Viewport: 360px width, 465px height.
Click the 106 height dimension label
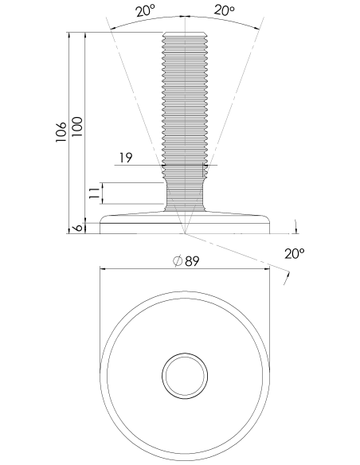[x=61, y=131]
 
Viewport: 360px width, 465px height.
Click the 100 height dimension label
[x=76, y=127]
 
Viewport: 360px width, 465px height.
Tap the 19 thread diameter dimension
[x=126, y=158]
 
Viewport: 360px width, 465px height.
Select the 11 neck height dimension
[x=94, y=193]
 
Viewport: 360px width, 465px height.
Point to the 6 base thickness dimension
[x=77, y=228]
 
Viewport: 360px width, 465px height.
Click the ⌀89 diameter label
[x=186, y=261]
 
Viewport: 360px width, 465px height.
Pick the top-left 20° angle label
[x=146, y=11]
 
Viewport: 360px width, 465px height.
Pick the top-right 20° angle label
[x=224, y=10]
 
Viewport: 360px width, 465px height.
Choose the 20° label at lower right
[x=295, y=253]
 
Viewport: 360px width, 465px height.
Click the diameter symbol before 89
[x=178, y=261]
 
